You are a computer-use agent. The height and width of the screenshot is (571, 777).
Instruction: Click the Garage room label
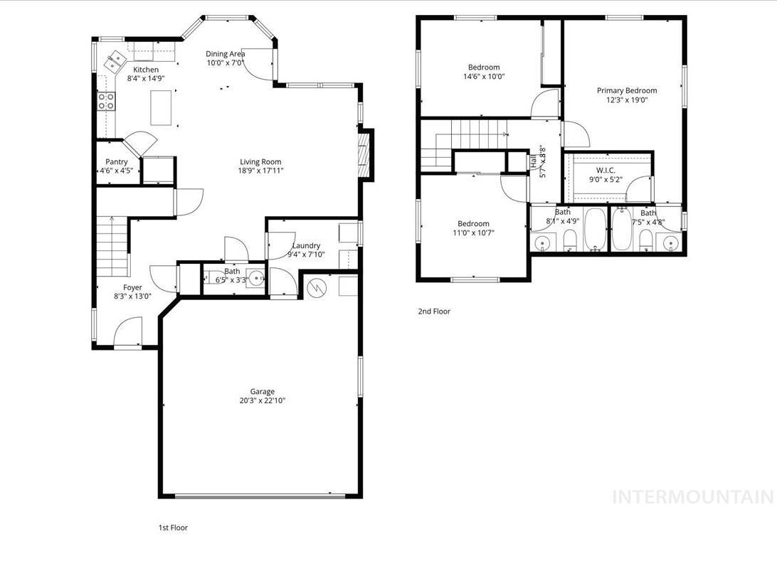[x=262, y=392]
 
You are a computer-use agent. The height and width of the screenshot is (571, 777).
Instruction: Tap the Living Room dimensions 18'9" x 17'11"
[x=260, y=171]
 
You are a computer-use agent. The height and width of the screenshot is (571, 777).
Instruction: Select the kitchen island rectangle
[x=162, y=107]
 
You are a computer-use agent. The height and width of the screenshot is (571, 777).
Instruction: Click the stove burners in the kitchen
[x=106, y=101]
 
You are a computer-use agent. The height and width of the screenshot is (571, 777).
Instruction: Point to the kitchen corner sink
[x=114, y=62]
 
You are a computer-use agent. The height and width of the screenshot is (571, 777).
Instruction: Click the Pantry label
[x=117, y=162]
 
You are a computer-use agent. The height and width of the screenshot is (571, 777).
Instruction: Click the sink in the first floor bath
[x=254, y=277]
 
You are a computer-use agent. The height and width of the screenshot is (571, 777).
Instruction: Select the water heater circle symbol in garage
[x=317, y=288]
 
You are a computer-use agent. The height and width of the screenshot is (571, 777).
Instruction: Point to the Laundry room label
[x=306, y=246]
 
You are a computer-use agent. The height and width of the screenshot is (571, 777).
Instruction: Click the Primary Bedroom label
[x=626, y=90]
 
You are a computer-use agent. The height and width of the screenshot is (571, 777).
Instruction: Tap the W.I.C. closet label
[x=606, y=171]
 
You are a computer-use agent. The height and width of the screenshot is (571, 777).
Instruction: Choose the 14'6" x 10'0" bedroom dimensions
[x=483, y=77]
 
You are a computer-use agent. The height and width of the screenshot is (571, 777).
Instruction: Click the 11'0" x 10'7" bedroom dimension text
[x=473, y=233]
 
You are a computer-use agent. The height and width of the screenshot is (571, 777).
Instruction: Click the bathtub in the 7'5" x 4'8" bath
[x=622, y=230]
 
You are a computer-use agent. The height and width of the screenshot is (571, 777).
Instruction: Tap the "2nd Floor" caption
[x=433, y=311]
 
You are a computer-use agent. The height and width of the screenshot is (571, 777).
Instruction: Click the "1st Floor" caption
[x=173, y=528]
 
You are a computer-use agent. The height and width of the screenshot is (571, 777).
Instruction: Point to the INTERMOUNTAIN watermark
[x=692, y=496]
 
